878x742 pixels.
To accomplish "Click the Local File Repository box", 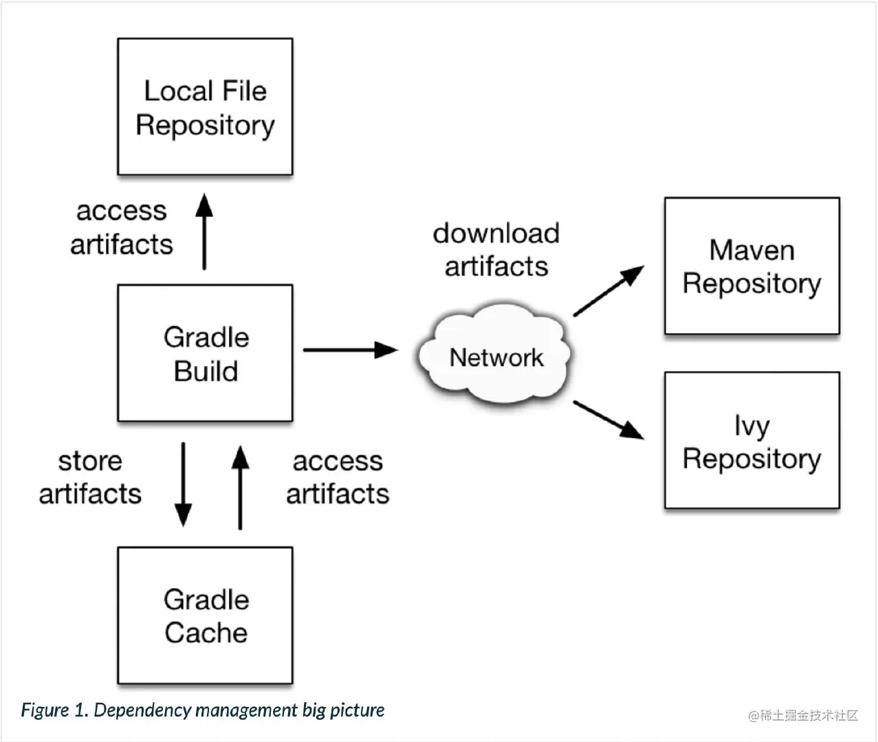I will click(x=205, y=106).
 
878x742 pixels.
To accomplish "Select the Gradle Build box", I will click(x=205, y=353).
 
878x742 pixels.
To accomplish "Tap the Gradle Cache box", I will click(x=205, y=616).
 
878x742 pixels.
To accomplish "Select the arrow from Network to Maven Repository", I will click(x=608, y=291).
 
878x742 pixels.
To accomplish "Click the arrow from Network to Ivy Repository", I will click(x=608, y=419).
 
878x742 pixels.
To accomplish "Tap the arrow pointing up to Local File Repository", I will click(x=204, y=232).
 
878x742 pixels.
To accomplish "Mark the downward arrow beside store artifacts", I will click(x=183, y=484).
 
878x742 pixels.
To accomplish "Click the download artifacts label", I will click(x=496, y=249).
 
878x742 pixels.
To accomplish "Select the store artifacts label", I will click(x=90, y=477).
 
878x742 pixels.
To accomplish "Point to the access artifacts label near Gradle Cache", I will click(x=338, y=477).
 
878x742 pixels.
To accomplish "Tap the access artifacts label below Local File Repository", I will click(x=122, y=227).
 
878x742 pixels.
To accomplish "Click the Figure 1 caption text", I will click(x=203, y=710).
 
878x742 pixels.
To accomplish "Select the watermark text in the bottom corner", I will click(x=803, y=715).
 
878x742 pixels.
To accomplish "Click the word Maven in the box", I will click(x=751, y=250).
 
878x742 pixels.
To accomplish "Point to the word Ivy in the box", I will click(x=751, y=426).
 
